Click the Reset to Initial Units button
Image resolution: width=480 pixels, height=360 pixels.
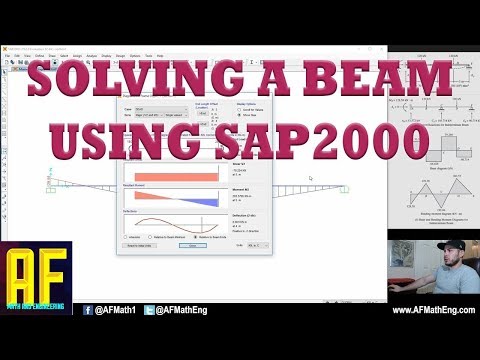137,272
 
